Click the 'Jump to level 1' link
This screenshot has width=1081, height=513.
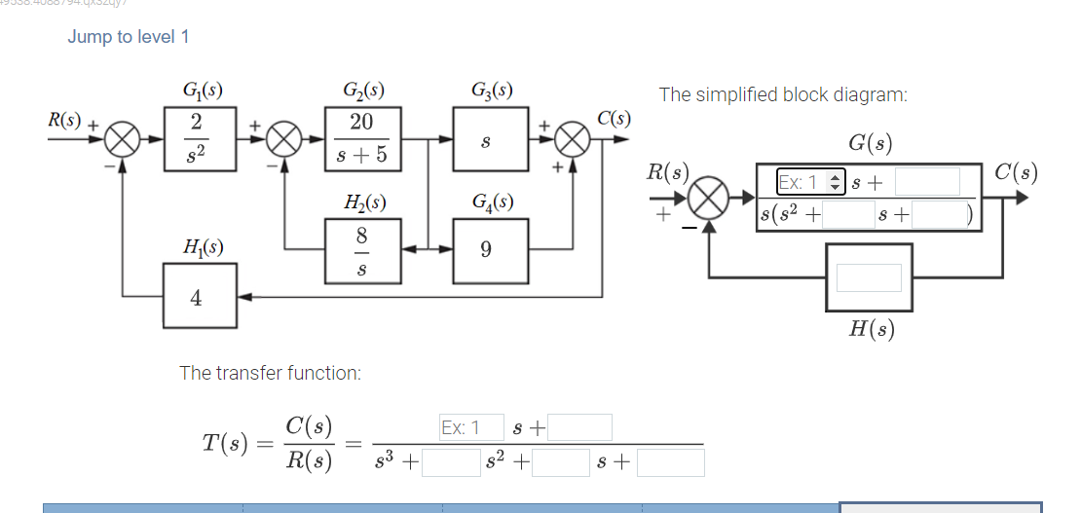(129, 37)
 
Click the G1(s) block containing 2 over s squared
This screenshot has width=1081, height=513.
(197, 139)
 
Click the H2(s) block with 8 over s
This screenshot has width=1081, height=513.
(362, 249)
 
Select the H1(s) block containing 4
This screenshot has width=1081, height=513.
(197, 299)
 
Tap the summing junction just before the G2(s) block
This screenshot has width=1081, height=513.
(284, 140)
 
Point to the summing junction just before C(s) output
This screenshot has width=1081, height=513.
(573, 140)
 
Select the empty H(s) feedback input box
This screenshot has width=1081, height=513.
(869, 277)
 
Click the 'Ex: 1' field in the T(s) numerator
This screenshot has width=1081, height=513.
(471, 427)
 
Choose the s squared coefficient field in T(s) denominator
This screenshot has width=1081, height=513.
(451, 462)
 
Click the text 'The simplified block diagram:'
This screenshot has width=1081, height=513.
(783, 94)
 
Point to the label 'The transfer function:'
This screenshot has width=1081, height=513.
(271, 373)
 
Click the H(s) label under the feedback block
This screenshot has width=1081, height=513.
(871, 329)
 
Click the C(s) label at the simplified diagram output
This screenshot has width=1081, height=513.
(1015, 174)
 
